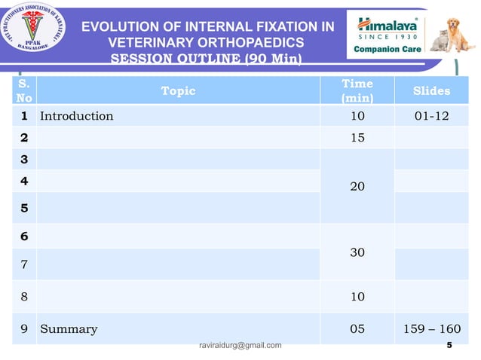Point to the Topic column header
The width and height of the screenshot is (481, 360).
click(178, 91)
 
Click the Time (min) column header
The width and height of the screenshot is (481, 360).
click(357, 91)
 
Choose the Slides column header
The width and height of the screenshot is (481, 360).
click(432, 91)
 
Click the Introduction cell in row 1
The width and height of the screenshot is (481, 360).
click(76, 116)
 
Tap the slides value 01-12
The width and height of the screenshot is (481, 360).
click(432, 116)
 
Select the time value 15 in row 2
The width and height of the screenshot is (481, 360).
click(357, 138)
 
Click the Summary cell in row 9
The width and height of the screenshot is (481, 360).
click(69, 329)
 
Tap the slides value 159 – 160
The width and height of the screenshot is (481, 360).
click(432, 329)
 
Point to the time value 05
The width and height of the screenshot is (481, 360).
click(357, 329)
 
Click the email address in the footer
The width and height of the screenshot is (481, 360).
click(240, 346)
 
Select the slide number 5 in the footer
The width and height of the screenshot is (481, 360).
click(449, 346)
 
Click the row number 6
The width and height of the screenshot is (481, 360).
click(24, 236)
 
